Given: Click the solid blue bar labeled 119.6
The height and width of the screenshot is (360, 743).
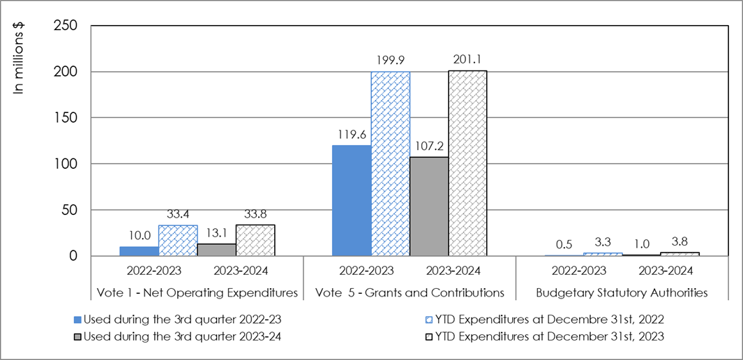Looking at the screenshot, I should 351,201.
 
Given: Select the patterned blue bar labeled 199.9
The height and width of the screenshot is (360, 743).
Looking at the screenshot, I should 390,164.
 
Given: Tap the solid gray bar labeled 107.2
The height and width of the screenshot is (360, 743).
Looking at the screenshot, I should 428,207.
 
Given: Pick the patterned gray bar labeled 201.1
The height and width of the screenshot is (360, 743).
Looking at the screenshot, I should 467,163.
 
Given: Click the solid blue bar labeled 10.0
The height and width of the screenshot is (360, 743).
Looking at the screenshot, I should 139,251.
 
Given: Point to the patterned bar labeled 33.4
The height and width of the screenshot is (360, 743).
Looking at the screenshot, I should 177,241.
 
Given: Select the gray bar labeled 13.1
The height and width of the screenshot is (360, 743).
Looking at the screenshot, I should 216,250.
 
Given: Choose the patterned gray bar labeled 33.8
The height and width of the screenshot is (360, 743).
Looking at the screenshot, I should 255,241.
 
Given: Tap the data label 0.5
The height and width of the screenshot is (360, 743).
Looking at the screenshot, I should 564,246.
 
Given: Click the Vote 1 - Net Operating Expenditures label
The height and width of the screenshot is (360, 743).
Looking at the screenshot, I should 197,293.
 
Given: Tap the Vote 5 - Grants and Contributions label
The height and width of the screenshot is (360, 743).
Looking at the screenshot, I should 410,293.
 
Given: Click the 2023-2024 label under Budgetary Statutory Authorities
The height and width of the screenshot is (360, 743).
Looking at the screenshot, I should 660,271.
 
